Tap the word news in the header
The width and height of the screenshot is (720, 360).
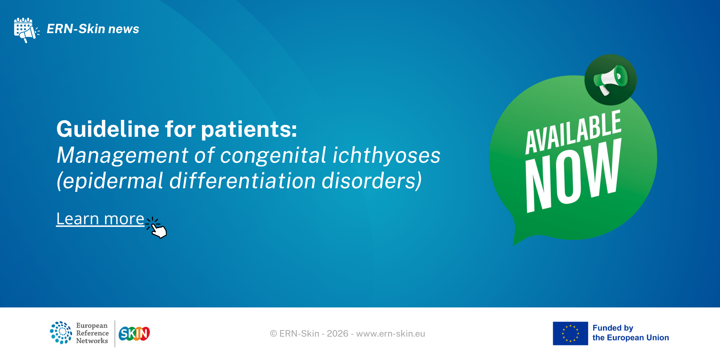point(123,29)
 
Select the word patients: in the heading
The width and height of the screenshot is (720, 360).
point(249,130)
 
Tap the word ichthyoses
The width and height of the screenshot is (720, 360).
point(386,155)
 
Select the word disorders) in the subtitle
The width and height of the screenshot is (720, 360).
point(372,181)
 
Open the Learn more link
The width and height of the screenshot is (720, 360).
point(100,219)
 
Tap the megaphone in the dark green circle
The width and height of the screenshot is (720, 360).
point(611,80)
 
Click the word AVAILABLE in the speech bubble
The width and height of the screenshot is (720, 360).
point(573,132)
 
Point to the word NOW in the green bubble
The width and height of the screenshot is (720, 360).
point(573,175)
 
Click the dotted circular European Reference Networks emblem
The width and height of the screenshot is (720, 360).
point(61,333)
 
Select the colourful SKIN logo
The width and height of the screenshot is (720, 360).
point(134,333)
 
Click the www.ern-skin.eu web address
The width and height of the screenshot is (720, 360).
point(391,334)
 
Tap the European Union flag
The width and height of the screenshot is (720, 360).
point(570,333)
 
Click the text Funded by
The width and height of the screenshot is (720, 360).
point(613,328)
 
